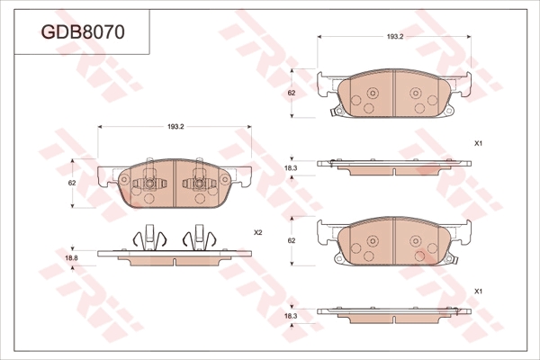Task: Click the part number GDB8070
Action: [83, 32]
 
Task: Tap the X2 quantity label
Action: [258, 233]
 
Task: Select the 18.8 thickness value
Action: [71, 257]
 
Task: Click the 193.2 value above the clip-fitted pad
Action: [175, 127]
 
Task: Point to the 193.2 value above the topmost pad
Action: [395, 37]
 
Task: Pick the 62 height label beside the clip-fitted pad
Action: [72, 184]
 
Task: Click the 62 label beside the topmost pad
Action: [292, 93]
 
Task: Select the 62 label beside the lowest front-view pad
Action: [292, 241]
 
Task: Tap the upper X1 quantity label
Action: [478, 143]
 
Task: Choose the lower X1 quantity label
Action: [478, 292]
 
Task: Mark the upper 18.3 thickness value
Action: [291, 168]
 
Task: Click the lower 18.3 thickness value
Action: [291, 316]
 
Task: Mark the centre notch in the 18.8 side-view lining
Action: [175, 262]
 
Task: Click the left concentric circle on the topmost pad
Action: [373, 93]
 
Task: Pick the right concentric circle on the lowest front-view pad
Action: [416, 241]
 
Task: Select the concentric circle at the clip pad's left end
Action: [124, 179]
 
